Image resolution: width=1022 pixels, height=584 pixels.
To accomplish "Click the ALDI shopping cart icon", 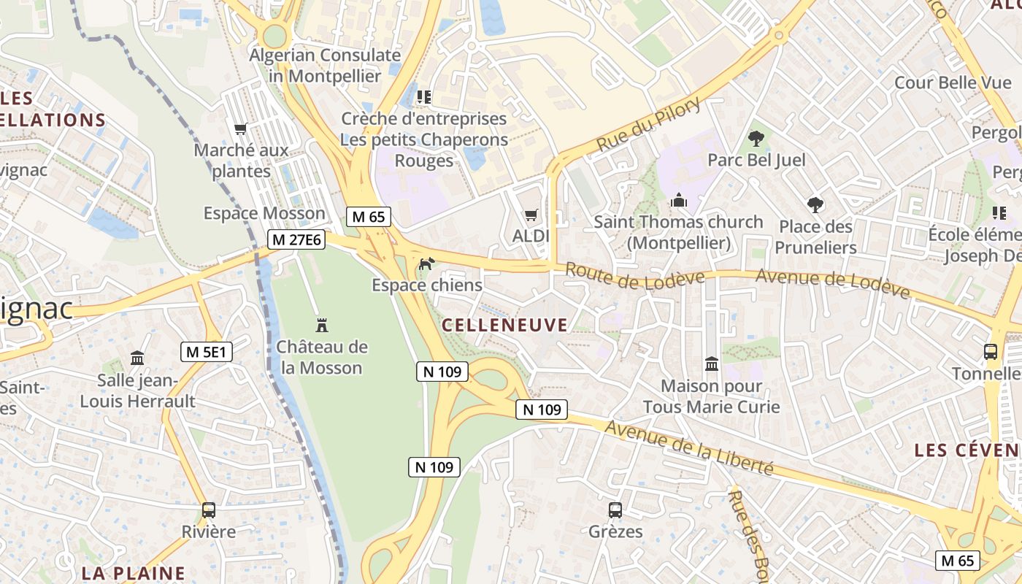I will (531, 215).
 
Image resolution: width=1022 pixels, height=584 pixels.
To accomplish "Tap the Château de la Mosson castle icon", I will (322, 325).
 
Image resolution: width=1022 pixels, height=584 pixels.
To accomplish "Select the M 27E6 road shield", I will (296, 239).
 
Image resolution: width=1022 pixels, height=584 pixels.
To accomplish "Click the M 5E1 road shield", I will (207, 352).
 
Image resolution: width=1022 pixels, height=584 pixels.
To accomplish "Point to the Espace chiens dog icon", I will (426, 264).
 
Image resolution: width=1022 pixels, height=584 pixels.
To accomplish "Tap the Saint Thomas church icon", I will (679, 200).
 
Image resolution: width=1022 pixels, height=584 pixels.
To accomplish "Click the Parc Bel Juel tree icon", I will (756, 138).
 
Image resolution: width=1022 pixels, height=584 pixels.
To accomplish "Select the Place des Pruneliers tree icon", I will (815, 205).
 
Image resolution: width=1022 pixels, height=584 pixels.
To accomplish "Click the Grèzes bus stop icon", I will (615, 510).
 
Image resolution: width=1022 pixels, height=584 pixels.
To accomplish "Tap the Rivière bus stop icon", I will (209, 510).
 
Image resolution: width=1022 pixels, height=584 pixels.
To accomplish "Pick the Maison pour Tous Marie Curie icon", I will (711, 364).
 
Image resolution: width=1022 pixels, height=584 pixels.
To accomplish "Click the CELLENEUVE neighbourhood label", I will (505, 326).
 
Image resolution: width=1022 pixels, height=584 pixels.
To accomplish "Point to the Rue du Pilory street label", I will (649, 125).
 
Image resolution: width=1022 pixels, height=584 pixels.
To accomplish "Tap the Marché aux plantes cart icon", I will (241, 129).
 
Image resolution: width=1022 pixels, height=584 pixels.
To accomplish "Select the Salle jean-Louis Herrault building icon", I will (137, 358).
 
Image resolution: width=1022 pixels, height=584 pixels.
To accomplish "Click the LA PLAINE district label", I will (134, 573).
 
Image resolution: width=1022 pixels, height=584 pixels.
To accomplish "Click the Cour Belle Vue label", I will (953, 82).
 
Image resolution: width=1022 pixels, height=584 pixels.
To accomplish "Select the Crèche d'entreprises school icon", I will (423, 96).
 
